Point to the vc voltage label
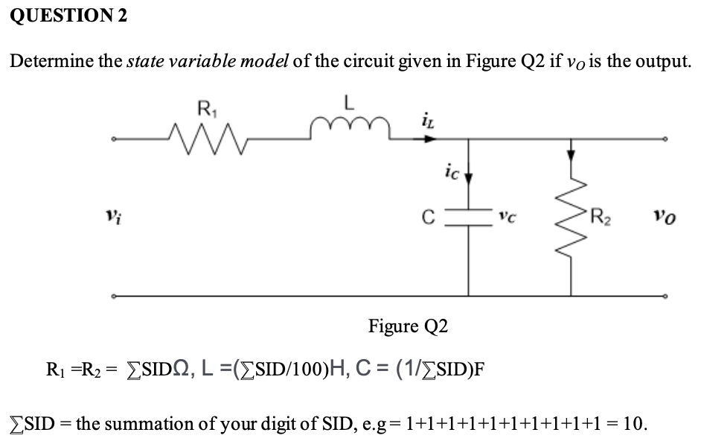tap(505, 220)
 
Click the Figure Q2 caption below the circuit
tap(409, 326)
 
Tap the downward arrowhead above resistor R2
tap(571, 153)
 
